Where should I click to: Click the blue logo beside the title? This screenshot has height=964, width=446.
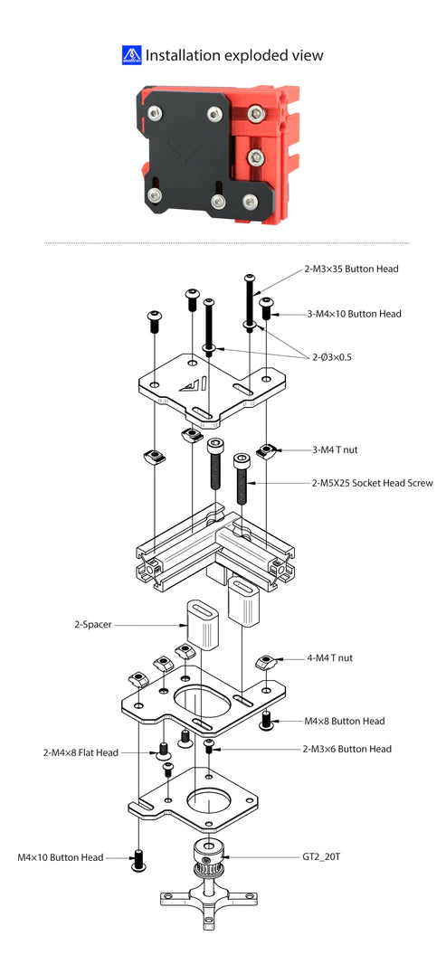[132, 55]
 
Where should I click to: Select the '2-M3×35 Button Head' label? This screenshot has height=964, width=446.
[351, 269]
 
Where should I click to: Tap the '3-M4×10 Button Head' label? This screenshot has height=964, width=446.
[354, 314]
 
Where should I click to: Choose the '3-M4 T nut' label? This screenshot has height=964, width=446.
[335, 450]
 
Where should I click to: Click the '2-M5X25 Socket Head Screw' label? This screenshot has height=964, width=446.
[372, 483]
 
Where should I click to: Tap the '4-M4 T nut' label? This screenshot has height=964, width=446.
[330, 657]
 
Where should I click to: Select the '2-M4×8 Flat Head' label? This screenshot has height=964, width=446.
[81, 751]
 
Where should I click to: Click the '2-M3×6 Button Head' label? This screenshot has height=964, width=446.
[347, 749]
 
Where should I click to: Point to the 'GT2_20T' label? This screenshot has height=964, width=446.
[321, 855]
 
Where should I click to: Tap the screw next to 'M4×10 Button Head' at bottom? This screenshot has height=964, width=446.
[138, 861]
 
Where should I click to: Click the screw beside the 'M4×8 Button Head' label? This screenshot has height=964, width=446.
[266, 721]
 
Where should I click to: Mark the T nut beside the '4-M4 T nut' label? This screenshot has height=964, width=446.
[265, 662]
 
